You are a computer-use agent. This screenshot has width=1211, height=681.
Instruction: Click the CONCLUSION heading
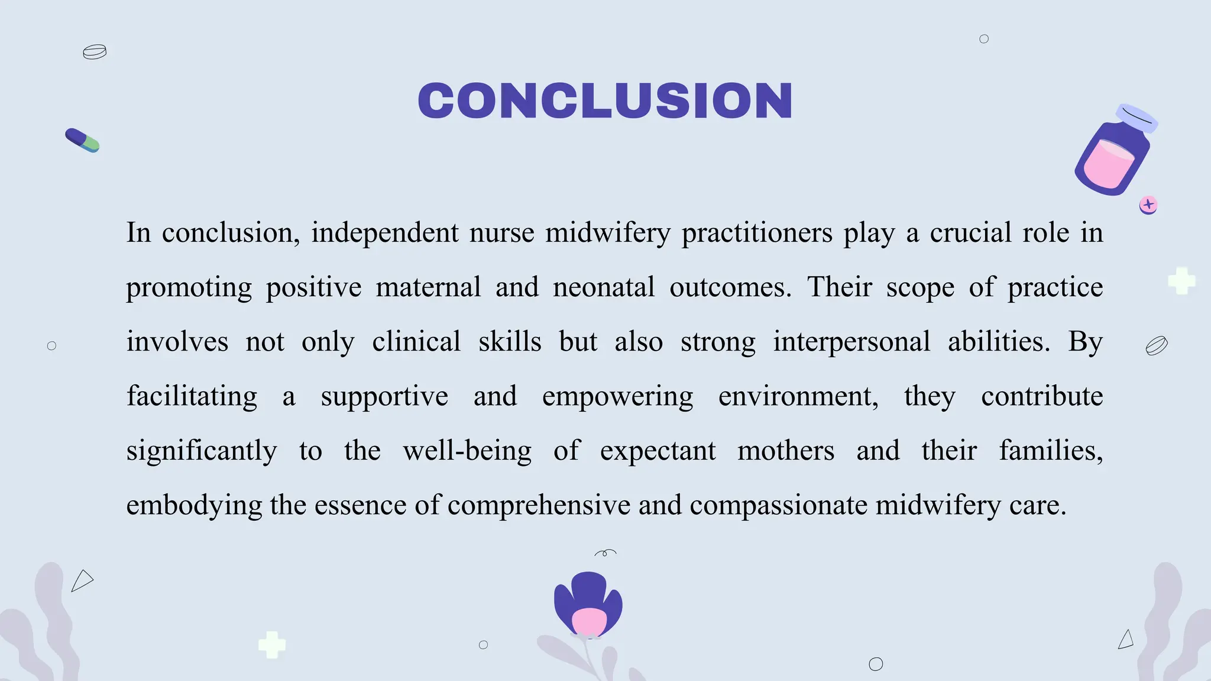click(x=605, y=100)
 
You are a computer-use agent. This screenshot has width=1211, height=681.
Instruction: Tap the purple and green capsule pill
click(x=82, y=140)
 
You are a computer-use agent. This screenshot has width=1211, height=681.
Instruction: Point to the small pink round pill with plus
click(x=1148, y=205)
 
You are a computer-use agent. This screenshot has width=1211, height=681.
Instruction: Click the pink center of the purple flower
click(x=589, y=622)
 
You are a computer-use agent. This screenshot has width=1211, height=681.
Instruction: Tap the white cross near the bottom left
click(x=272, y=644)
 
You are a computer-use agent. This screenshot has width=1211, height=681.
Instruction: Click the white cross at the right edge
click(x=1181, y=281)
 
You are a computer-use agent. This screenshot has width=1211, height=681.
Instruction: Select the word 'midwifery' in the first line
click(x=608, y=233)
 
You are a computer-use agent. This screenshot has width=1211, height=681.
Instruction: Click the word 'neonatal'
click(x=604, y=287)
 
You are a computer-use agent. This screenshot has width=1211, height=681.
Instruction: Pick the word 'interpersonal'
click(x=851, y=342)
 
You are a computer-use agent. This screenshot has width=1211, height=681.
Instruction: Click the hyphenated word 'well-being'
click(x=467, y=451)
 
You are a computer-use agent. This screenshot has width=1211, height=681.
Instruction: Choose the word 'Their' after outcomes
click(x=840, y=287)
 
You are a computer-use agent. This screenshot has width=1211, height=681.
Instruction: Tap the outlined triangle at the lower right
click(x=1126, y=640)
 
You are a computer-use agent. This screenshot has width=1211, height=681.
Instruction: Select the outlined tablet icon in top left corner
click(x=95, y=52)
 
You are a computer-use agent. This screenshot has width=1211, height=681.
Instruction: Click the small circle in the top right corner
click(x=984, y=39)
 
